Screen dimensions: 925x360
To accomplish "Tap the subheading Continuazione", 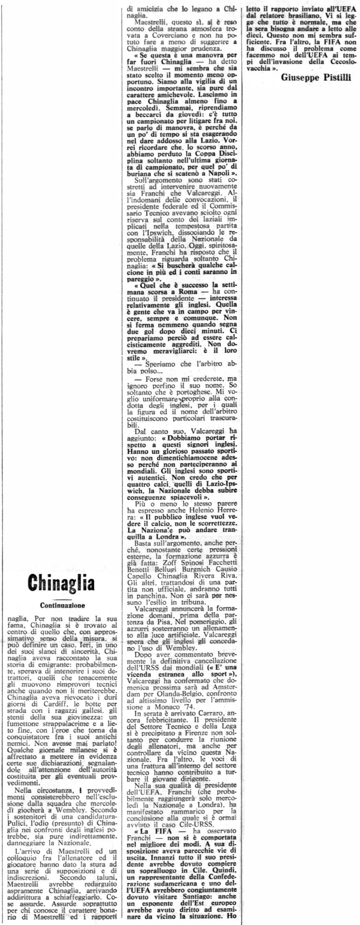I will click(63, 605).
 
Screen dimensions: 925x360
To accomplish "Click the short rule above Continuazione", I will click(62, 599).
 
